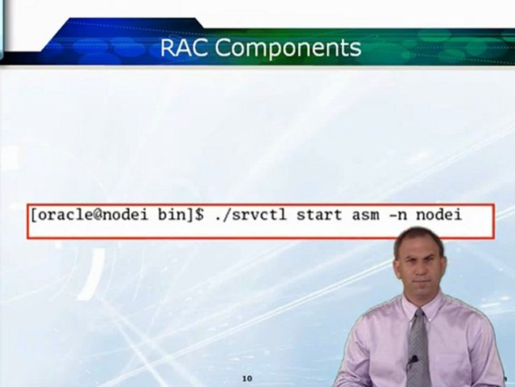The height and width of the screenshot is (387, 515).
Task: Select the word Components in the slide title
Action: pyautogui.click(x=289, y=48)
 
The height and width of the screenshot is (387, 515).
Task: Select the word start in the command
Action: pyautogui.click(x=319, y=215)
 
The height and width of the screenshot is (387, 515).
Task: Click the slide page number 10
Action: pyautogui.click(x=247, y=378)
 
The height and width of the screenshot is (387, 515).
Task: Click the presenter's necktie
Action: pyautogui.click(x=418, y=349)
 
